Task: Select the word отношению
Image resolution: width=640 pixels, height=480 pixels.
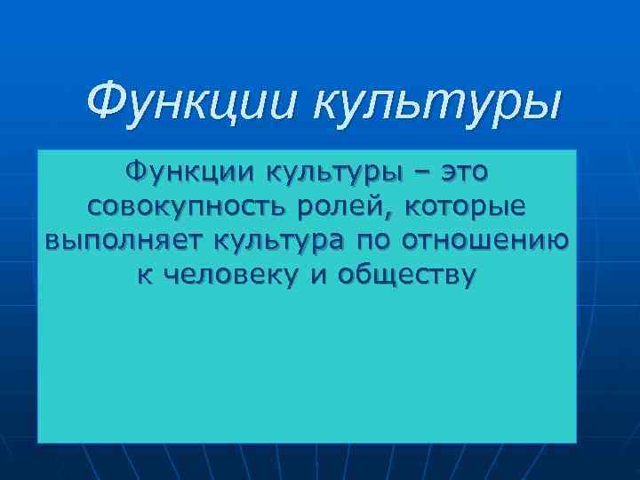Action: click(486, 242)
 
